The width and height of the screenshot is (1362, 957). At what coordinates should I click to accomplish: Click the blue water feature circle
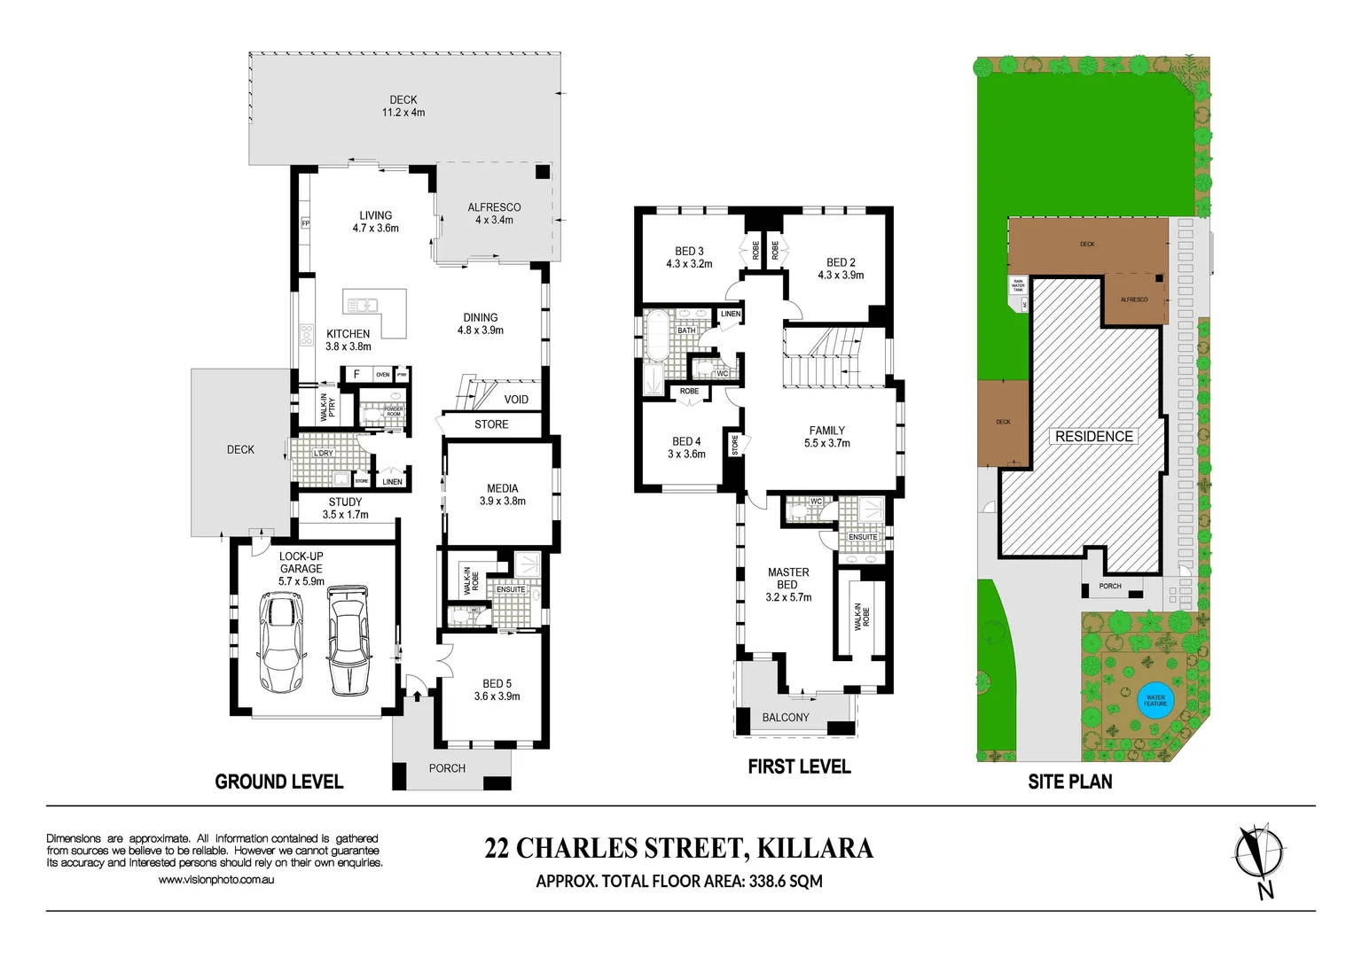click(1155, 701)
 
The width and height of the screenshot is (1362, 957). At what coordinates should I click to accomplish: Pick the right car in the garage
click(348, 640)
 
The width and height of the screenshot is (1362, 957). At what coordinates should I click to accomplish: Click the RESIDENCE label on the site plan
click(1093, 436)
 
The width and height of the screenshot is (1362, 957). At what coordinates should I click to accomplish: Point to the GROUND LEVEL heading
click(278, 782)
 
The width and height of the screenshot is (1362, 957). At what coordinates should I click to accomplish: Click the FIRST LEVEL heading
click(798, 766)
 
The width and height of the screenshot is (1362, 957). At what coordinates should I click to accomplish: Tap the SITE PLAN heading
click(1069, 782)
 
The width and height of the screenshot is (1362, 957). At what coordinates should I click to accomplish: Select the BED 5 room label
click(497, 689)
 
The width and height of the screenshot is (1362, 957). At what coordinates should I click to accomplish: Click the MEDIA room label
click(502, 494)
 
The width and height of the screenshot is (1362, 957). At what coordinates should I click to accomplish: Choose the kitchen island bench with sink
click(375, 313)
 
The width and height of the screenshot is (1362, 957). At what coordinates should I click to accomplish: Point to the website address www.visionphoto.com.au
click(215, 880)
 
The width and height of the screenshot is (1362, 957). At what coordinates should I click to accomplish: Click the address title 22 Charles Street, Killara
click(678, 848)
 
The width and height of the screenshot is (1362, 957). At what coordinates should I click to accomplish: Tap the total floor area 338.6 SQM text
click(678, 881)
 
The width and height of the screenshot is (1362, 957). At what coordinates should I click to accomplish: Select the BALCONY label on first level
click(785, 717)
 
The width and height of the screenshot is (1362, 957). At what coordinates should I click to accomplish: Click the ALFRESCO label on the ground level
click(494, 214)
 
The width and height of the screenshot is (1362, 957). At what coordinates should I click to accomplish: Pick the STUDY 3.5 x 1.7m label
click(345, 508)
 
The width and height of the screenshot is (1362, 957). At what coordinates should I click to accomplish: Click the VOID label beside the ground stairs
click(516, 400)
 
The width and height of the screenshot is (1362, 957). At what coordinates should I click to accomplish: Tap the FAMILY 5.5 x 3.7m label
click(826, 437)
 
